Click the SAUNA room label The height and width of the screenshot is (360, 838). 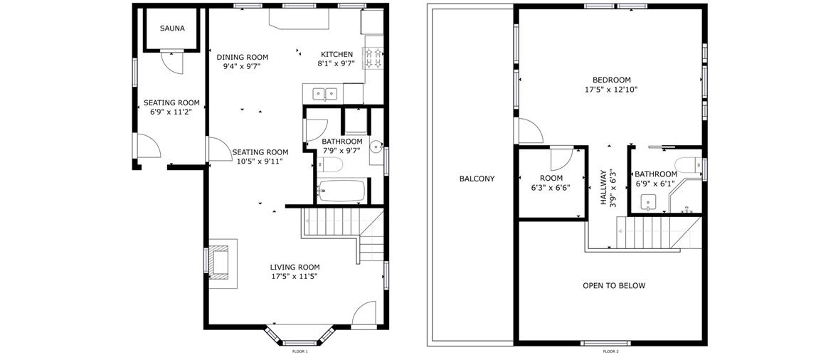(x=172, y=29)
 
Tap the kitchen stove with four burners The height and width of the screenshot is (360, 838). (x=374, y=59)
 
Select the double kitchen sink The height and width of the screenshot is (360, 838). (x=325, y=94)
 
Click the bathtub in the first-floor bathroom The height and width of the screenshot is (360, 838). (x=341, y=191)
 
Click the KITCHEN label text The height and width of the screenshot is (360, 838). (x=336, y=54)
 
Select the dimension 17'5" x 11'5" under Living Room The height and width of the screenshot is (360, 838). (x=295, y=277)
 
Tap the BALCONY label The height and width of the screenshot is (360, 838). (x=477, y=179)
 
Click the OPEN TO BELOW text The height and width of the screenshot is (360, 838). (x=614, y=286)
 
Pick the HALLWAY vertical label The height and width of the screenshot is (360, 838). (x=603, y=188)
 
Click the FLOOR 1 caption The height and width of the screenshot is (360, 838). (x=299, y=351)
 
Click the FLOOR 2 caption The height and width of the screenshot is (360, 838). (x=610, y=351)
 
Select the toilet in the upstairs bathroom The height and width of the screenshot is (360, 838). (x=688, y=164)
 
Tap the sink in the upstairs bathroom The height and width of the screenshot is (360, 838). (x=649, y=203)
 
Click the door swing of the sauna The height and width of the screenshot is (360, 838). (x=172, y=62)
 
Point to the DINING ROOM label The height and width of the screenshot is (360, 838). (x=242, y=57)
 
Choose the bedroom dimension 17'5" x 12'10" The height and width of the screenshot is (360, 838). (x=611, y=90)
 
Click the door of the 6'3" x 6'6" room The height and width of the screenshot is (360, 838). (x=562, y=159)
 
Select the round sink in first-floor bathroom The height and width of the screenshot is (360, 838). (x=376, y=144)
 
